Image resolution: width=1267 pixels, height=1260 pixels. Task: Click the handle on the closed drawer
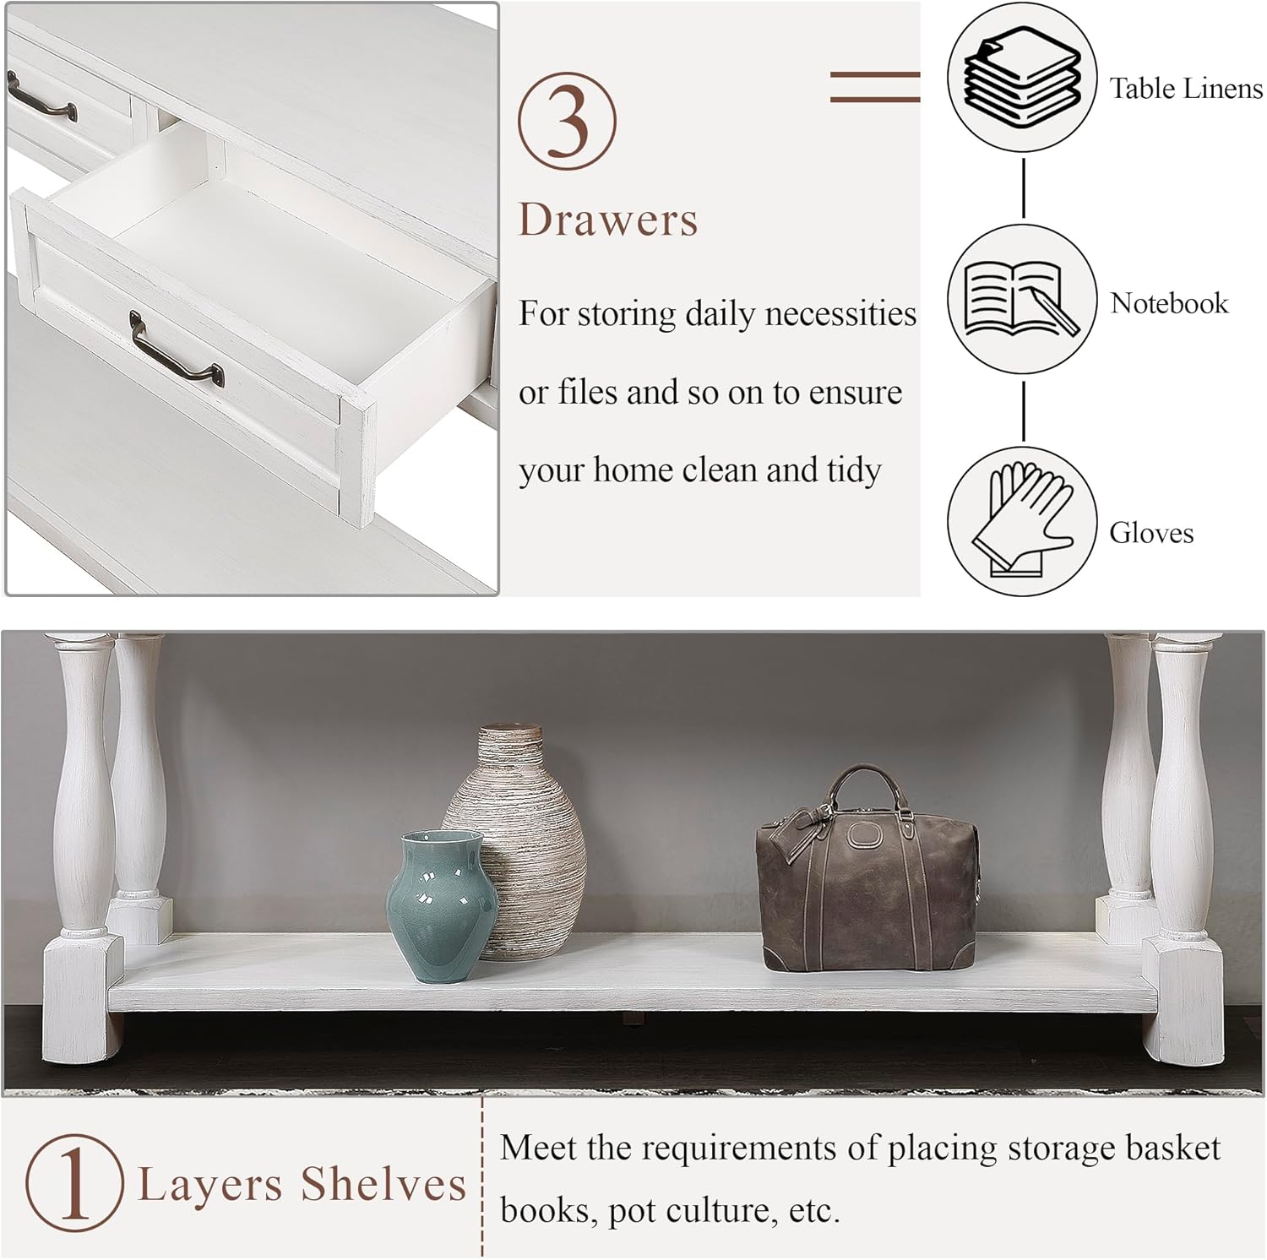[x=41, y=97]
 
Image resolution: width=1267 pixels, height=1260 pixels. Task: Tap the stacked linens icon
[x=1022, y=78]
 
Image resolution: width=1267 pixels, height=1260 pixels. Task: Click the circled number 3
[x=567, y=121]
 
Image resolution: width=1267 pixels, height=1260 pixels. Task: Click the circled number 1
[x=74, y=1182]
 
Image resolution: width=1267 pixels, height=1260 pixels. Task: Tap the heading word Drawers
[x=608, y=220]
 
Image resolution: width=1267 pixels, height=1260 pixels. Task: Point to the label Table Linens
[x=1186, y=88]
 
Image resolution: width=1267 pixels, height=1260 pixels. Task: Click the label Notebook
[x=1169, y=302]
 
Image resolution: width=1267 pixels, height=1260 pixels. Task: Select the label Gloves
[x=1151, y=533]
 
